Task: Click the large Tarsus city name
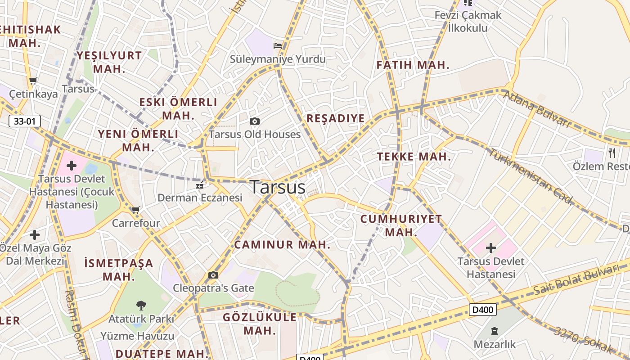(278, 187)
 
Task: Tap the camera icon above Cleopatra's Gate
(213, 275)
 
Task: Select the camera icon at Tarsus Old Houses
(255, 121)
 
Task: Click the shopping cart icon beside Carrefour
(135, 210)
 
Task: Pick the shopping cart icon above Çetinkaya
(33, 81)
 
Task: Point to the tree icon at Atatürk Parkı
(141, 306)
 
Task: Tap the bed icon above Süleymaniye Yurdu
(278, 45)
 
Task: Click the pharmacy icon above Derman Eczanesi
(200, 185)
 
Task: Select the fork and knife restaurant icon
(612, 153)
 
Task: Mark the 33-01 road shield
(25, 121)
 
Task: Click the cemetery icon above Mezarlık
(495, 331)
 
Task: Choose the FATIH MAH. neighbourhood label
(413, 65)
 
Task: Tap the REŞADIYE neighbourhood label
(335, 118)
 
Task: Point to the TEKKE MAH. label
(414, 157)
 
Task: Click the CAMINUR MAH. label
(282, 245)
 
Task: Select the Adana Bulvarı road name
(536, 108)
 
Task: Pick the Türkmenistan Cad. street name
(531, 176)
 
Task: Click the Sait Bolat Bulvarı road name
(576, 280)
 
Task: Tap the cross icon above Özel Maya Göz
(35, 234)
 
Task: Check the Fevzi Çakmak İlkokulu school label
(468, 21)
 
